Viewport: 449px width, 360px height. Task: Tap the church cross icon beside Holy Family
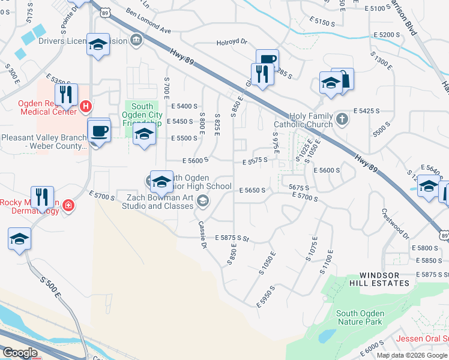[342, 118]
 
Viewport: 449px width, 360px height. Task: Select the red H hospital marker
[85, 107]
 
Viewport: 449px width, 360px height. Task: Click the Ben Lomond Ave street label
[149, 22]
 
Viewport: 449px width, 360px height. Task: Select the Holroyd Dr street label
[232, 43]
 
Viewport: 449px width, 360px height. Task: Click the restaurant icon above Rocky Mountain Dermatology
[42, 196]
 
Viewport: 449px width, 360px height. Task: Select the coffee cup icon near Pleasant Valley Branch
[98, 130]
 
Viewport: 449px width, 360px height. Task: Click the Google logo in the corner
[19, 353]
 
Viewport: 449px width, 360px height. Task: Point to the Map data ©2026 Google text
[412, 355]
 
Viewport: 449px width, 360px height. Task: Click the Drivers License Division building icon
[136, 41]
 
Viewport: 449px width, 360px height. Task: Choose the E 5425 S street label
[366, 111]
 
